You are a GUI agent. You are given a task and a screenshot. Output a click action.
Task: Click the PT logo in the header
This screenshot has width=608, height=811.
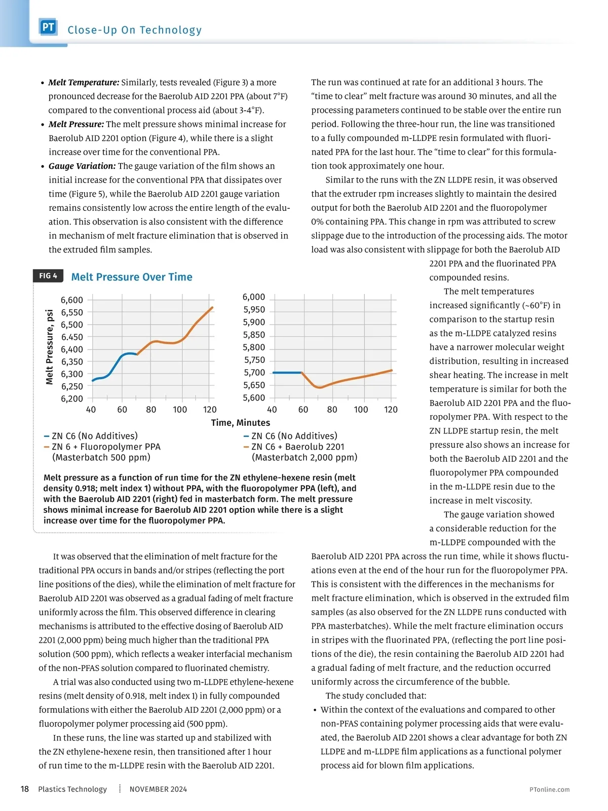pos(48,27)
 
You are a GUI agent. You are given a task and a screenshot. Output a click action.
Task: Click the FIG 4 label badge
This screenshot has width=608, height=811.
pos(48,276)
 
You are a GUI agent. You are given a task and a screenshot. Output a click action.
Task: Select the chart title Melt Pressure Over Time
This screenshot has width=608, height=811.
pos(132,277)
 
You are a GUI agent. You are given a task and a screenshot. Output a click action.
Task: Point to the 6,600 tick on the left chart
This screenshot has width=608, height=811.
pos(72,300)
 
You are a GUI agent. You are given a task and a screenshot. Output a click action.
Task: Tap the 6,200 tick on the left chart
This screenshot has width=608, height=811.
pos(72,399)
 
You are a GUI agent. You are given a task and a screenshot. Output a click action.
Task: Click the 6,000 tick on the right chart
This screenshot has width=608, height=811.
pos(254,297)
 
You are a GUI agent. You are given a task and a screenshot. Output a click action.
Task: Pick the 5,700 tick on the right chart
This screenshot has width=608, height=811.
pos(254,373)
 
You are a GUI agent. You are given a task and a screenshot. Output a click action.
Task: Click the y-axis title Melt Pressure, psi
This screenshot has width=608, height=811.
pos(50,347)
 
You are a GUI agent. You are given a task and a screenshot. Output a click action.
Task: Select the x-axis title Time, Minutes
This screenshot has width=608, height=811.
pos(240,423)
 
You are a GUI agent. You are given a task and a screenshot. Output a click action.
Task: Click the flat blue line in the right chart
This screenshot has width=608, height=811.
pos(287,373)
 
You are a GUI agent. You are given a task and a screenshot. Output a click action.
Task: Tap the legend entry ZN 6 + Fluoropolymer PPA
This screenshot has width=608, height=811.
pos(105,447)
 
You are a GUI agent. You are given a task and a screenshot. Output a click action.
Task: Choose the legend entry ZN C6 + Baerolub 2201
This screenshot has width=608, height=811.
pos(297,447)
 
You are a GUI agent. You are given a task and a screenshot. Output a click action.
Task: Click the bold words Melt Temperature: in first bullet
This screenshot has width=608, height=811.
pos(84,82)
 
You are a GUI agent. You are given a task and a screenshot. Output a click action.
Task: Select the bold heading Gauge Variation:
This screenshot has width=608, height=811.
pos(82,166)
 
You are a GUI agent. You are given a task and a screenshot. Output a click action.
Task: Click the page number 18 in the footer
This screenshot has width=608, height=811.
pos(24,789)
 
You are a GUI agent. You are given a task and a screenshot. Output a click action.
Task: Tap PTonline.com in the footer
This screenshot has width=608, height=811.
pos(549,789)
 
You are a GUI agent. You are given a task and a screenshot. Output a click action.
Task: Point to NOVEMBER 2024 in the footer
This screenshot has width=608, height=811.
pos(158,789)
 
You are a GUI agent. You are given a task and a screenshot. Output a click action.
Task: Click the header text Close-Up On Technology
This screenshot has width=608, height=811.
pos(135,30)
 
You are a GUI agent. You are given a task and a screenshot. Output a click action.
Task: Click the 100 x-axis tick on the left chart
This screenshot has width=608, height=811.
pos(180,410)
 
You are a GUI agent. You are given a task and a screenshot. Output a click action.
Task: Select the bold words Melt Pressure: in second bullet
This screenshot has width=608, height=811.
pos(77,124)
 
